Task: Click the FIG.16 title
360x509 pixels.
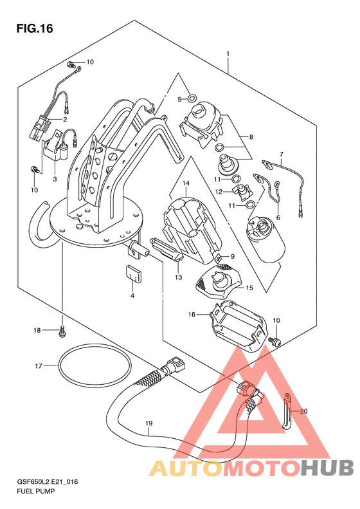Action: (x=35, y=28)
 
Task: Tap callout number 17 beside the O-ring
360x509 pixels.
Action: (x=39, y=366)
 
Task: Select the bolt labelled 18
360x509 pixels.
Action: (x=62, y=331)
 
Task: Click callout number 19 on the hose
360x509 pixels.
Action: (x=149, y=423)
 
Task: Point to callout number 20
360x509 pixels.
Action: (x=303, y=411)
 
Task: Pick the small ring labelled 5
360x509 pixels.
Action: (x=192, y=97)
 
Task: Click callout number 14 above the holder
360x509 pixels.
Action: (x=186, y=183)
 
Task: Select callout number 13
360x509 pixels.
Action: (x=178, y=277)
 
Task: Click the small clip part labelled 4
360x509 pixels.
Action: (x=133, y=273)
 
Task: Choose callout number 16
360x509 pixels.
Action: (x=192, y=314)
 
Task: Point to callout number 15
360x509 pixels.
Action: (x=249, y=288)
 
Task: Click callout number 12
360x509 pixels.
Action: (x=219, y=192)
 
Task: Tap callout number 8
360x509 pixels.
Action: (x=251, y=137)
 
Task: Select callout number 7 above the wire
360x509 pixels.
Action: (x=281, y=154)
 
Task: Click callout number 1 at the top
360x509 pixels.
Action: (x=228, y=53)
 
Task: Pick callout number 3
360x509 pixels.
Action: (x=55, y=179)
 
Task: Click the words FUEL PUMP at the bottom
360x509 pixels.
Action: (x=35, y=491)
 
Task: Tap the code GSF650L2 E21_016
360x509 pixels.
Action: (x=48, y=482)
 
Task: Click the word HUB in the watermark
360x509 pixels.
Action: (x=327, y=468)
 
